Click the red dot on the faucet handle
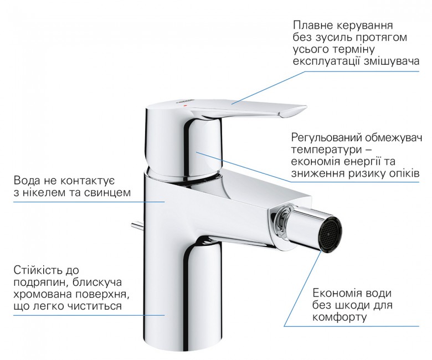(185, 105)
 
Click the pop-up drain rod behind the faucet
(138, 225)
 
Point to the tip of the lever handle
(306, 107)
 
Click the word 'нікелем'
(42, 192)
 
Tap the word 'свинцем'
(109, 193)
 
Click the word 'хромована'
(41, 294)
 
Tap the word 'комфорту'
(340, 317)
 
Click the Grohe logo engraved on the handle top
(182, 101)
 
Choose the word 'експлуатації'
(327, 61)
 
